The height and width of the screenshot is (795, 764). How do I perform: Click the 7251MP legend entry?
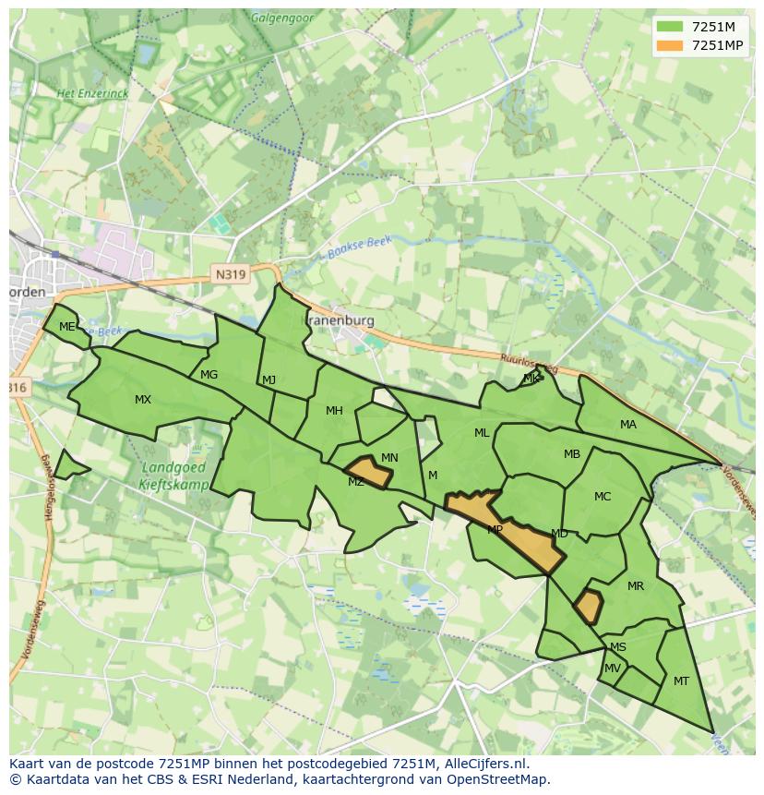point(701,45)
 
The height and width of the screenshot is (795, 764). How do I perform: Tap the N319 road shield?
point(231,274)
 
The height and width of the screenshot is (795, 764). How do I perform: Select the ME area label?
point(66,327)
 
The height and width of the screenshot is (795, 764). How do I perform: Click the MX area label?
point(143,400)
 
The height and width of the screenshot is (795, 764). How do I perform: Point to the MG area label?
point(209,375)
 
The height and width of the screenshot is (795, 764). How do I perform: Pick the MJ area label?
point(269,380)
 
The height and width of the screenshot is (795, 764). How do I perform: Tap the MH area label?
point(334,411)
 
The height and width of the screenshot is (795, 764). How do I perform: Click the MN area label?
point(389,458)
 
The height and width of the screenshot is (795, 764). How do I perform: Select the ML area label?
point(482,433)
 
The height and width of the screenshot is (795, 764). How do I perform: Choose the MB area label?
point(572,454)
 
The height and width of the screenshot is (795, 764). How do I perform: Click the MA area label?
point(628,425)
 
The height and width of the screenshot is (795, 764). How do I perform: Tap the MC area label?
point(603,497)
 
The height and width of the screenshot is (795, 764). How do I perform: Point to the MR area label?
point(636,586)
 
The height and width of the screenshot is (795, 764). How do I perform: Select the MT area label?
point(681,681)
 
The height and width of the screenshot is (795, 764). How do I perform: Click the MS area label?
point(618,647)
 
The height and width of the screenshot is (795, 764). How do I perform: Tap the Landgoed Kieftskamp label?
point(175,476)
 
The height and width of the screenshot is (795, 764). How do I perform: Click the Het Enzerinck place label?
point(92,94)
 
